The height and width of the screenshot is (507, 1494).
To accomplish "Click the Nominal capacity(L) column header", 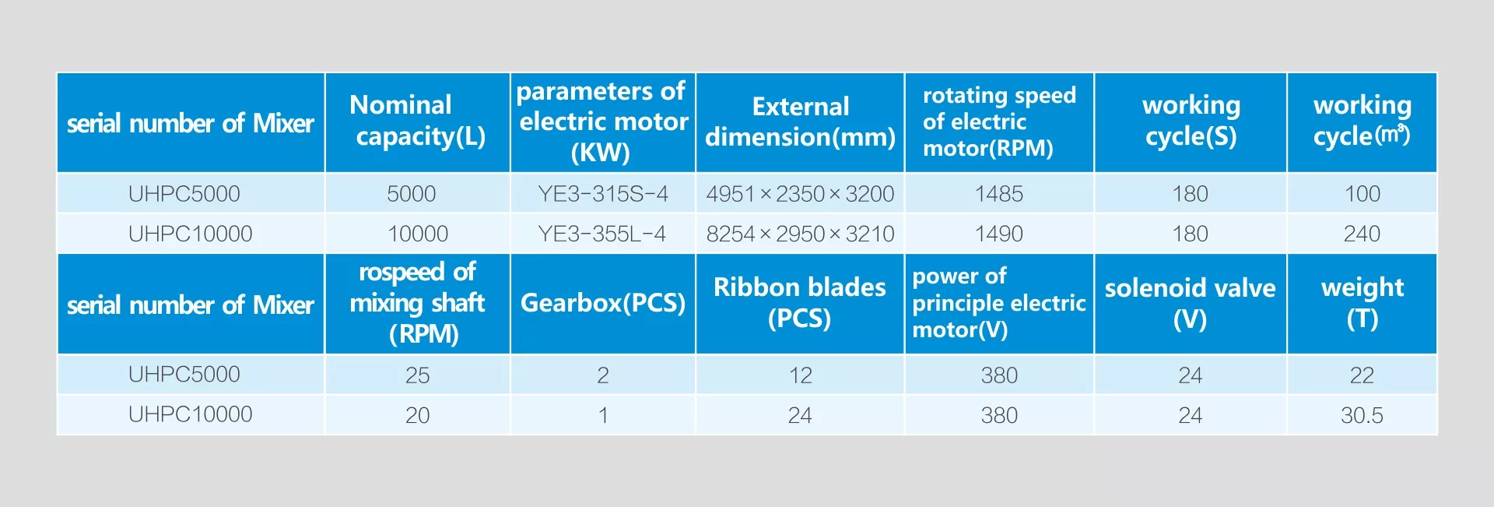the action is (x=417, y=121).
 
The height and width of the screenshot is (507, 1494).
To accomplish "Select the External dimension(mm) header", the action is (x=800, y=121).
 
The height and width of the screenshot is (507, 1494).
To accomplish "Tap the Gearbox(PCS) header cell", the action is (x=603, y=303).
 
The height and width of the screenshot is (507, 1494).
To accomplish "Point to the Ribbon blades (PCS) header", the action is (x=800, y=303).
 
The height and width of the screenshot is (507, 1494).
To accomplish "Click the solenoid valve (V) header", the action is (x=1190, y=303).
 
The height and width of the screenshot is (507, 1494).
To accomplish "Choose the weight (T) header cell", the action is (x=1362, y=303).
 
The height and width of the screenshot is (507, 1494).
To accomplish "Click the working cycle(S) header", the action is (x=1191, y=121).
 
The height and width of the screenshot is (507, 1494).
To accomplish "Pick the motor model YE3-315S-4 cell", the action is (x=603, y=193).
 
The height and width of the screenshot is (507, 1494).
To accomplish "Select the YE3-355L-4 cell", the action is (x=602, y=234).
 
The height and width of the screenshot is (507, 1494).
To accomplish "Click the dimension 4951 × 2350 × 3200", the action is (x=800, y=193).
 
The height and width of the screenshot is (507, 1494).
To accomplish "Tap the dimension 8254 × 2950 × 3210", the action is (x=800, y=234).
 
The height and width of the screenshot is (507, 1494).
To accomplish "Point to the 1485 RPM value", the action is (x=999, y=193).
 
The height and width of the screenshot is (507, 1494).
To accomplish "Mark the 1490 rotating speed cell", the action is (x=999, y=234).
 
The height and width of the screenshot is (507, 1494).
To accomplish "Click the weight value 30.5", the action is (x=1362, y=415).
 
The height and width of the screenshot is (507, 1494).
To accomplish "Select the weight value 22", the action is (x=1362, y=375).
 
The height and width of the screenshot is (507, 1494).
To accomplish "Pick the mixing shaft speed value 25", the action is (x=417, y=375).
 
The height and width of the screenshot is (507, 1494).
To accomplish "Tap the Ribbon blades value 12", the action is (x=800, y=375).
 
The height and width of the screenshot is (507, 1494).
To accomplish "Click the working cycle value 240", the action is (x=1362, y=234).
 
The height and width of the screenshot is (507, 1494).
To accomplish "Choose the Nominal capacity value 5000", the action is (x=412, y=193).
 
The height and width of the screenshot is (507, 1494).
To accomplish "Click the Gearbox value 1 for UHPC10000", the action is (x=603, y=415).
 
